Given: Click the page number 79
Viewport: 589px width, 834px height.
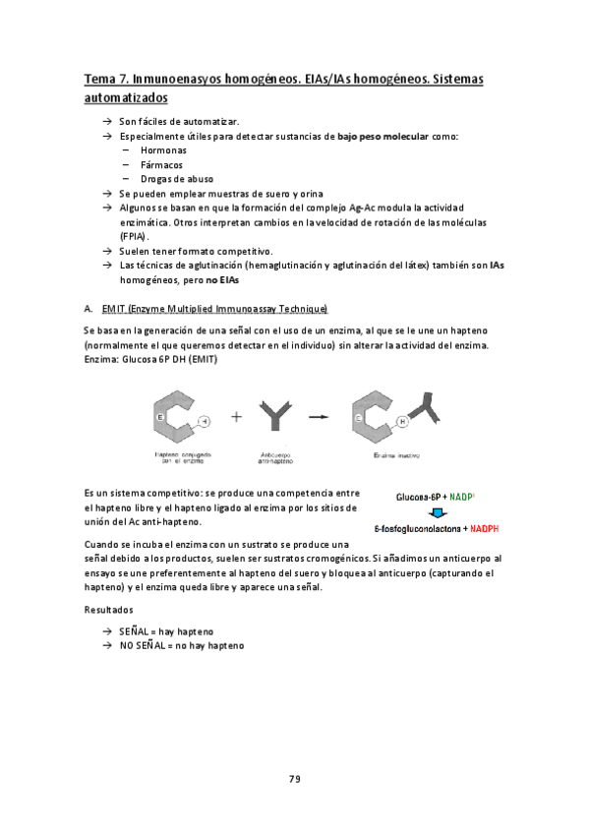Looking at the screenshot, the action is pyautogui.click(x=294, y=779).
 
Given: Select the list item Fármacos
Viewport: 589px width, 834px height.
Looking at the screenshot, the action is pyautogui.click(x=161, y=165).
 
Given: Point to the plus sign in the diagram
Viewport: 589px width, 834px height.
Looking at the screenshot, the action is pyautogui.click(x=236, y=416).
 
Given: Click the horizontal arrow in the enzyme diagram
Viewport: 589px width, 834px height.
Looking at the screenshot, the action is pyautogui.click(x=318, y=416).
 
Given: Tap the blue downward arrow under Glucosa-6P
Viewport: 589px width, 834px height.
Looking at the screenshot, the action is pyautogui.click(x=432, y=513).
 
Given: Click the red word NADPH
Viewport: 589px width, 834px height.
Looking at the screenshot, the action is pyautogui.click(x=485, y=529).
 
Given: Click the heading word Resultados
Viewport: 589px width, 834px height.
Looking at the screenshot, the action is pyautogui.click(x=108, y=610).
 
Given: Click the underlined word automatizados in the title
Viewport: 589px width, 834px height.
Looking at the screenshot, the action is pyautogui.click(x=126, y=98).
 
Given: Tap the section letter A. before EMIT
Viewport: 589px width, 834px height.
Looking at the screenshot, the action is pyautogui.click(x=88, y=310).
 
